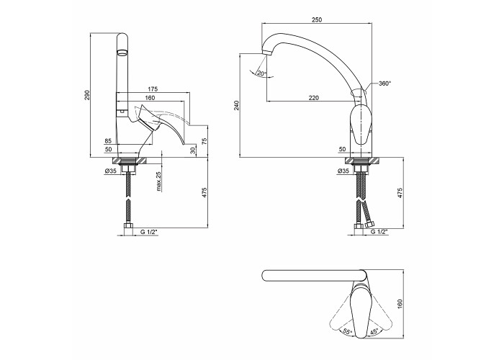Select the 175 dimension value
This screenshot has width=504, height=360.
click(153, 89)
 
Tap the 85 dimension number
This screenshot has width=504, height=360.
click(108, 141)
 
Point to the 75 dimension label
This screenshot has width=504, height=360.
click(204, 140)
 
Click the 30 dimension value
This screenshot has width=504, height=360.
click(192, 150)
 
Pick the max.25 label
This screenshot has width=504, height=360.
click(158, 181)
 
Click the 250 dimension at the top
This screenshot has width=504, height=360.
click(316, 20)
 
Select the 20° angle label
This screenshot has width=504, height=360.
click(261, 73)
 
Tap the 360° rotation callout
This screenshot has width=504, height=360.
click(384, 84)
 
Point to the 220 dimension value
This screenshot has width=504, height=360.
click(314, 98)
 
